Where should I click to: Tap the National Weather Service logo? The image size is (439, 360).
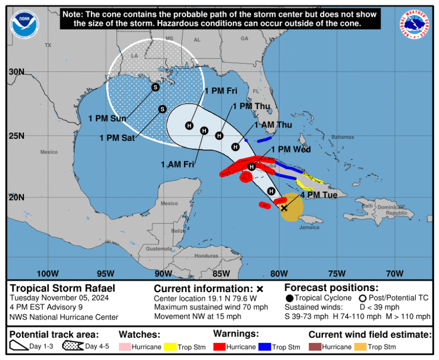415,24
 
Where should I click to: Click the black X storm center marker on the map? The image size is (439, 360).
284,207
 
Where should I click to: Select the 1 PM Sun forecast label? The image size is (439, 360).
107,118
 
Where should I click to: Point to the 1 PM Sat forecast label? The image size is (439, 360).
117,138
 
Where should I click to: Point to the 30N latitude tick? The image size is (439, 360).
16,71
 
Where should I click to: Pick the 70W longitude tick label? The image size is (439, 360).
394,273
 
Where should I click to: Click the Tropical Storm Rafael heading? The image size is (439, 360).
62,288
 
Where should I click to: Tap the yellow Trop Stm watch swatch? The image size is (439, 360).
171,347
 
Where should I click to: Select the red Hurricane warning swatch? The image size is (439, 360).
221,347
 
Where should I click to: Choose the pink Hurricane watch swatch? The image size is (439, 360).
126,347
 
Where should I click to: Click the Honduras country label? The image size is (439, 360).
206,255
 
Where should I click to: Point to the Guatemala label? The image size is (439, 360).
159,248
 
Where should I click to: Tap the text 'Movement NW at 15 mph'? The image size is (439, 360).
197,316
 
